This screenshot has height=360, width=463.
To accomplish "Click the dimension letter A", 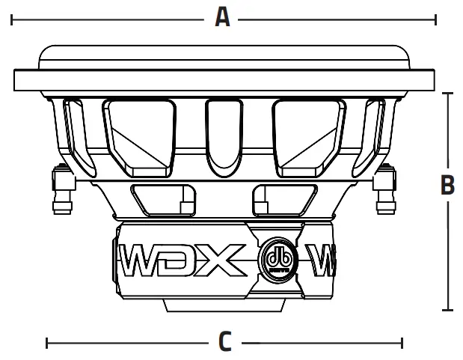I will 222,16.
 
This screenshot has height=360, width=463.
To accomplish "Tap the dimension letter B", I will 447,185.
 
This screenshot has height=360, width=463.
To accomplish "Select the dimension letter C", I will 224,342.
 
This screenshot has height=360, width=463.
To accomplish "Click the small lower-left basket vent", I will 165,200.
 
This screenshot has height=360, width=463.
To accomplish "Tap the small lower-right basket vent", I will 283,200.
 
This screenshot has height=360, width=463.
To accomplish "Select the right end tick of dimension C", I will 403,343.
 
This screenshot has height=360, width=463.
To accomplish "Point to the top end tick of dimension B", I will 447,94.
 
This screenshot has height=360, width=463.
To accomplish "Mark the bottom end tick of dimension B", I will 447,309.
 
